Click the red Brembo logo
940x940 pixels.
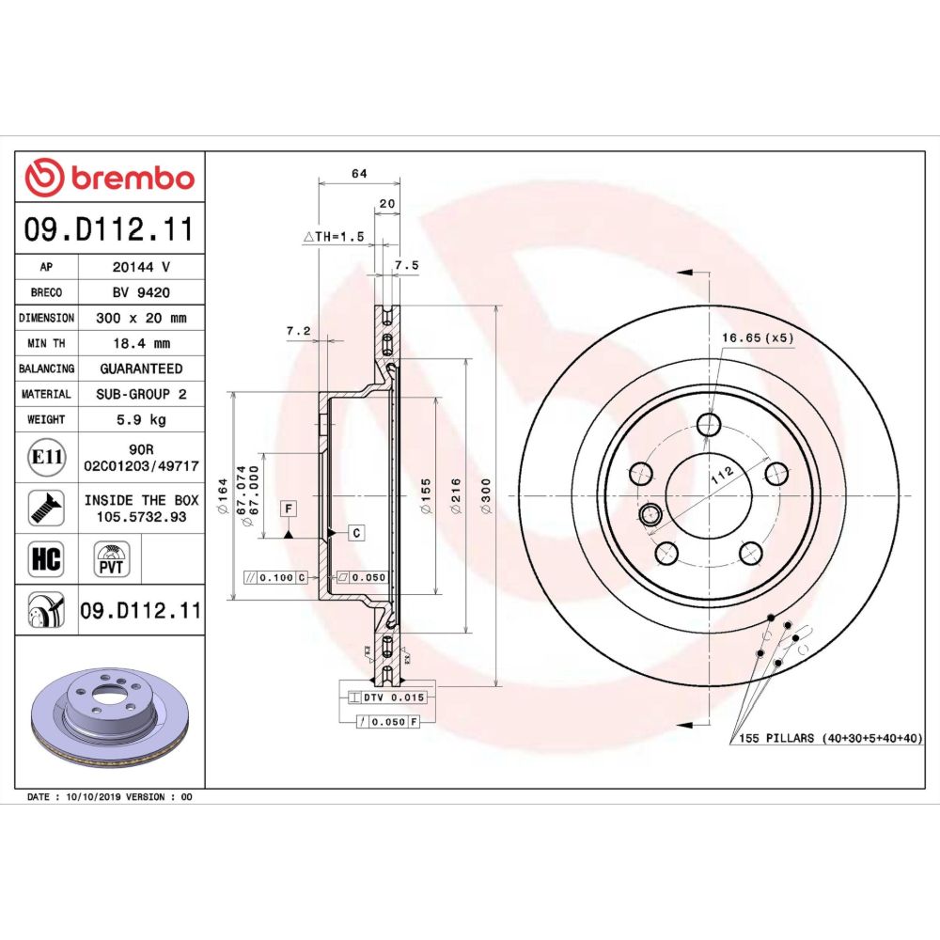coord(110,178)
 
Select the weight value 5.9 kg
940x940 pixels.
coord(141,419)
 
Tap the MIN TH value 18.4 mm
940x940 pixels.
coord(142,343)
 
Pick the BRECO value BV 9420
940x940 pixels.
coord(142,292)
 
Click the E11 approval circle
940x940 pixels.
coord(47,458)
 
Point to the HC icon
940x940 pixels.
coord(46,558)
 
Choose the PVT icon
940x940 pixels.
coord(111,559)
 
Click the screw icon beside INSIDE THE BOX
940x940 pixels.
coord(46,509)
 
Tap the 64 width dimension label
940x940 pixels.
coord(359,173)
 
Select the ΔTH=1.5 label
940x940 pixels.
coord(334,237)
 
